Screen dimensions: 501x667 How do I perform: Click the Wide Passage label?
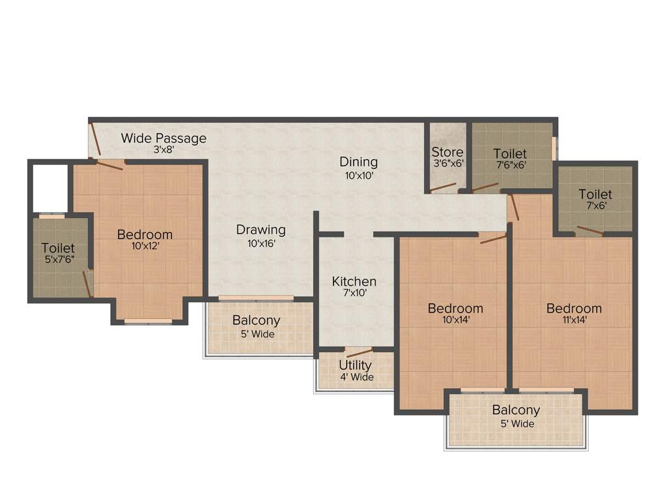click(163, 138)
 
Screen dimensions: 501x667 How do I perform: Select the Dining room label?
click(358, 162)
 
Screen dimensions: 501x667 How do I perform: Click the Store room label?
click(447, 152)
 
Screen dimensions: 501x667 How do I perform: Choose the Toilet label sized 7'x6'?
click(595, 194)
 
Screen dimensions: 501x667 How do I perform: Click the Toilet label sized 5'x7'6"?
click(58, 249)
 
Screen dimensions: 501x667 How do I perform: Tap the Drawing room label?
click(261, 230)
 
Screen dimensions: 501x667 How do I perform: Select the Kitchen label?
click(354, 281)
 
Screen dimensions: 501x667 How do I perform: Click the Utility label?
click(355, 365)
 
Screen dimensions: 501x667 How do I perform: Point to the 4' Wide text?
click(356, 377)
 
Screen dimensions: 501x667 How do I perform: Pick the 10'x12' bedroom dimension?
click(145, 246)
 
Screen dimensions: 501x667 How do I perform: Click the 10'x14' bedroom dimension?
click(455, 320)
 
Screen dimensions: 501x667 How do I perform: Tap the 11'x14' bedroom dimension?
click(574, 320)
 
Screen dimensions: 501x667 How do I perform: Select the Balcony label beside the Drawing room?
click(256, 320)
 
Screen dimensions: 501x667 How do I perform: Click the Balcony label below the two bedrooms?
click(516, 410)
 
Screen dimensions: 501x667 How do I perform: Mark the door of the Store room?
click(444, 187)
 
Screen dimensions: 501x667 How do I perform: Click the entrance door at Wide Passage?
click(94, 140)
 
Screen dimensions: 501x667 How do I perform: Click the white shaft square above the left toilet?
click(50, 187)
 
